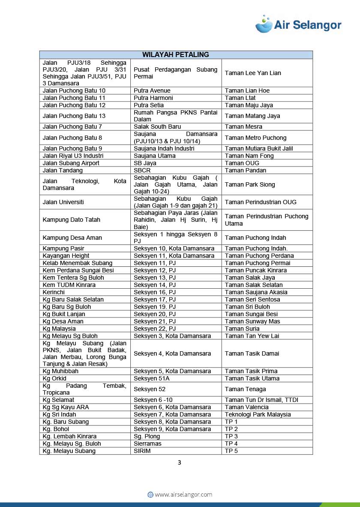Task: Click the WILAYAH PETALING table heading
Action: tap(176, 54)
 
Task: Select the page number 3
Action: tap(180, 462)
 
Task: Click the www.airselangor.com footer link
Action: tap(180, 495)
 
